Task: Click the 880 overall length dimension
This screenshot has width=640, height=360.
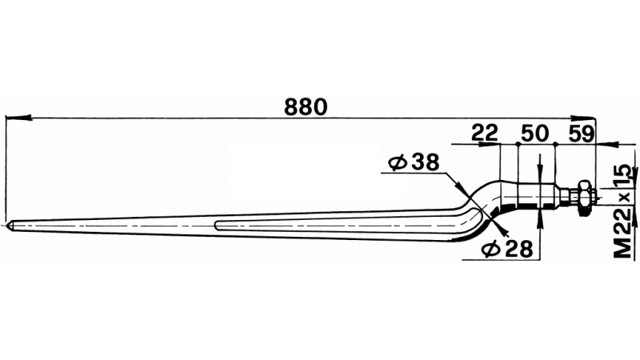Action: (306, 107)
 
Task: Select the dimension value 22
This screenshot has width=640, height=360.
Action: (485, 133)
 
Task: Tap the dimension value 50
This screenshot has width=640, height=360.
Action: (534, 134)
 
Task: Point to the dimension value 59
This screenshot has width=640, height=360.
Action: (582, 134)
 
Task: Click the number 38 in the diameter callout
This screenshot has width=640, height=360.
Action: (425, 162)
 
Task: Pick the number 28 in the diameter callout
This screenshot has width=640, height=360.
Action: (518, 249)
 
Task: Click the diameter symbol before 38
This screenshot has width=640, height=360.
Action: (398, 162)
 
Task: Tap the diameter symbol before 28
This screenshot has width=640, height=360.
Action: (491, 249)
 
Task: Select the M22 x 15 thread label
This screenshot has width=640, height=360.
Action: (624, 211)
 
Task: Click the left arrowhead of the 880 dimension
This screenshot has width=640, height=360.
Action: (18, 118)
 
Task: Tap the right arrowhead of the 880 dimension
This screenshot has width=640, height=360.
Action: (583, 118)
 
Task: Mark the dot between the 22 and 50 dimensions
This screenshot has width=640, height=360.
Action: (517, 144)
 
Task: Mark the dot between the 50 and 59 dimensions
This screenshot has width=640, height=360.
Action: (555, 144)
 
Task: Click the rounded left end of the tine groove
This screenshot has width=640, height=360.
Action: (216, 225)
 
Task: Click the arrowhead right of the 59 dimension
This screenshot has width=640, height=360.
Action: (609, 144)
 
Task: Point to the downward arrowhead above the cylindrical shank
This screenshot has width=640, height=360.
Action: (540, 171)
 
